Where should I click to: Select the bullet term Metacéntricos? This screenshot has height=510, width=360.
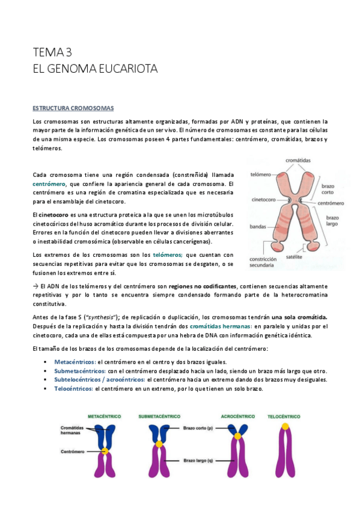75,362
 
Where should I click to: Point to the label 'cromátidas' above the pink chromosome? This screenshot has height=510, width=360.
298,161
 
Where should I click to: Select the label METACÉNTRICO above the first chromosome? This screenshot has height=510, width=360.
104,416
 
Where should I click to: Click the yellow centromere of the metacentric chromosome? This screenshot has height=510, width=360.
105,450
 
